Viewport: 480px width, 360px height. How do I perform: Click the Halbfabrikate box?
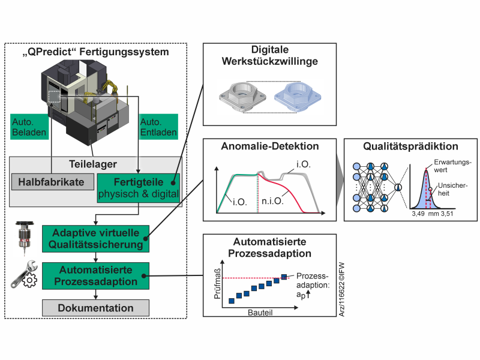(52, 182)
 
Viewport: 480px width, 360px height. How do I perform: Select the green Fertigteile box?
(139, 187)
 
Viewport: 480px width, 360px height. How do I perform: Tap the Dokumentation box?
(95, 308)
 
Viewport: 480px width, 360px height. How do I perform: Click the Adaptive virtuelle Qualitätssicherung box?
(95, 238)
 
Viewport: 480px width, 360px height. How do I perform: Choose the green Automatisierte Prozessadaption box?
(95, 275)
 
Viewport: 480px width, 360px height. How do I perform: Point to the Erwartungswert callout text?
(450, 165)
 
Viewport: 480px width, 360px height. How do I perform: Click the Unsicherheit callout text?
(451, 190)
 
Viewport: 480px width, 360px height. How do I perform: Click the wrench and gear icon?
(22, 275)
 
